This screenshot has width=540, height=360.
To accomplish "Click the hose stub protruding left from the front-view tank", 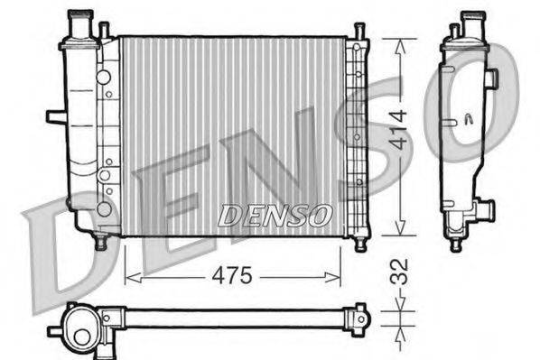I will (x=55, y=115).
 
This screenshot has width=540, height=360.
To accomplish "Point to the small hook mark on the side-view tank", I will (x=468, y=118).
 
